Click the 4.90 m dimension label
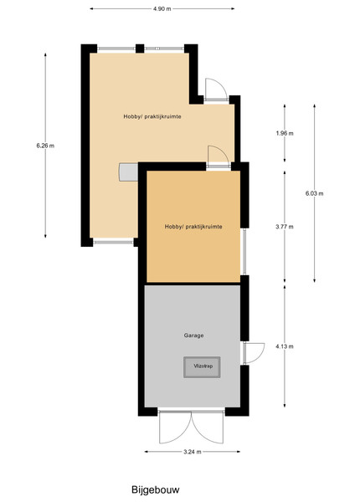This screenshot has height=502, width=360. coord(162,8)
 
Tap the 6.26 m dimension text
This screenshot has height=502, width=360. coord(45,146)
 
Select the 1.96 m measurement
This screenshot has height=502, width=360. coord(285,133)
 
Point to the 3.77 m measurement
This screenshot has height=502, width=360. coord(285,227)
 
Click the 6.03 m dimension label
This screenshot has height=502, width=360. coord(314,193)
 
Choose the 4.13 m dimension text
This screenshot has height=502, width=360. coord(285,346)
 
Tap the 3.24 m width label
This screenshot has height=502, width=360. coord(193,452)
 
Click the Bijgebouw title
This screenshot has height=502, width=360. coord(156,489)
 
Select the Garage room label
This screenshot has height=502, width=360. coord(193,336)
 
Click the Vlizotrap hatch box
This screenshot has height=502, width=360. coord(202,367)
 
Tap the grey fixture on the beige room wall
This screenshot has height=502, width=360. coord(128,172)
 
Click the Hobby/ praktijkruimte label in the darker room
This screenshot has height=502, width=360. coord(193,227)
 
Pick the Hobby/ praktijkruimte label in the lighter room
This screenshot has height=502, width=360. coord(152,116)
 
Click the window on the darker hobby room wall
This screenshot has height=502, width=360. coord(244,251)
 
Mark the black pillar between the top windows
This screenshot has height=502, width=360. coord(140,49)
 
